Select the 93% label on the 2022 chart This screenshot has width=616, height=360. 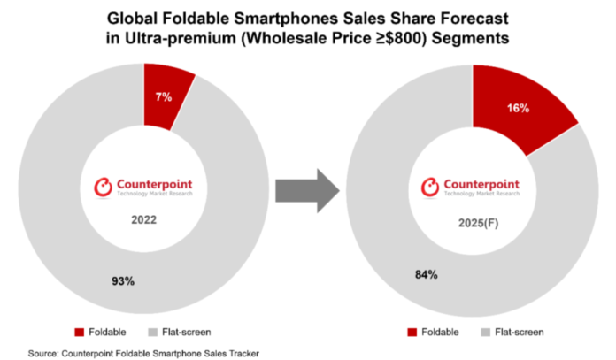(x=122, y=281)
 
